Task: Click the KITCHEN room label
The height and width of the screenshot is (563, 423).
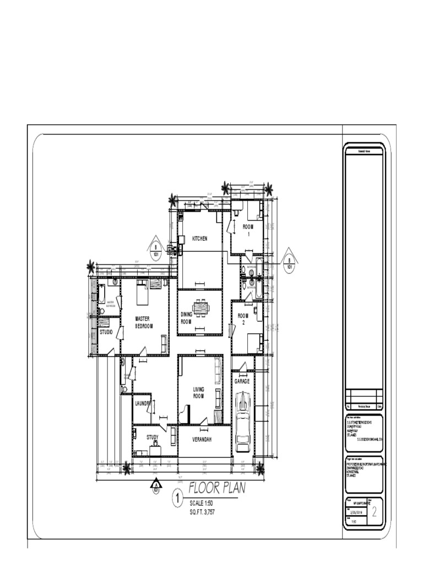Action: pos(199,239)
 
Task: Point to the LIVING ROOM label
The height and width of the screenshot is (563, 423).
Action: pos(198,393)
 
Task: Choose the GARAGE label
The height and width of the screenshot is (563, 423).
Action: pos(242,381)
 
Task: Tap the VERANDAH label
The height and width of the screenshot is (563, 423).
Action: pos(202,440)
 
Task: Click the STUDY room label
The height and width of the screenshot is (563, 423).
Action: pos(153,438)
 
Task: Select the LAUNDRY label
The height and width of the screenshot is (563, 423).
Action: pos(143,404)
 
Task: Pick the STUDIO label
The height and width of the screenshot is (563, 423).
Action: pos(106,332)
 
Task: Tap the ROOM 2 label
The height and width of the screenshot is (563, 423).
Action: pos(243,319)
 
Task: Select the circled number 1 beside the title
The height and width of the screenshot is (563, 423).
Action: pos(178,499)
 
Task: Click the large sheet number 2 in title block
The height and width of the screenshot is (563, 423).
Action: pos(375,513)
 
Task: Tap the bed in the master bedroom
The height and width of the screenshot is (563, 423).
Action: pos(143,294)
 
